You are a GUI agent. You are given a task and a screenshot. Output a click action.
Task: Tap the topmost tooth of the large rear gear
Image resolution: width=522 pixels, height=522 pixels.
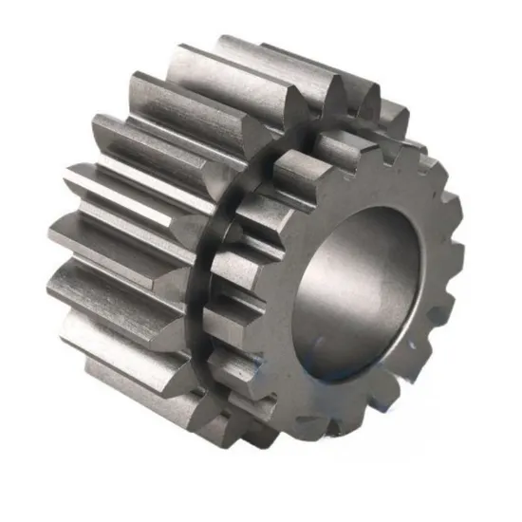point(256,57)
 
